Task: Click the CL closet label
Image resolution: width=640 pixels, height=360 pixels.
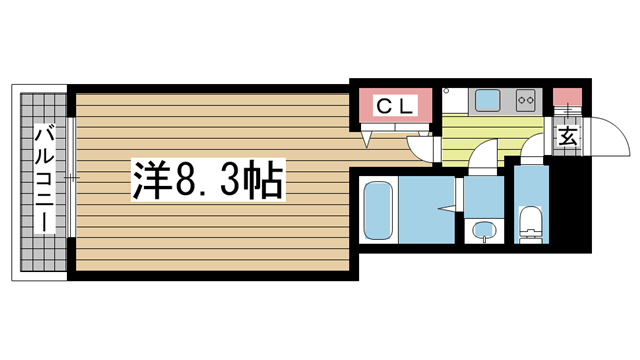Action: (397, 104)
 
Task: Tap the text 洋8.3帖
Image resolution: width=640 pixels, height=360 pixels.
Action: (206, 180)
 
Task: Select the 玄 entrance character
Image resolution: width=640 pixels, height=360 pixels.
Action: (567, 137)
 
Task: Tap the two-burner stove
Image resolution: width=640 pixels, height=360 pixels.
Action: (527, 100)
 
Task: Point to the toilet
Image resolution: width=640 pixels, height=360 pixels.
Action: (530, 225)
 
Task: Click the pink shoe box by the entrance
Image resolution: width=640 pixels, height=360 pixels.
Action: (567, 99)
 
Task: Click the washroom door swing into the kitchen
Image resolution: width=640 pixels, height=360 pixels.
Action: (483, 154)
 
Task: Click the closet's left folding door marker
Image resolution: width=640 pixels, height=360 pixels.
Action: (370, 136)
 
